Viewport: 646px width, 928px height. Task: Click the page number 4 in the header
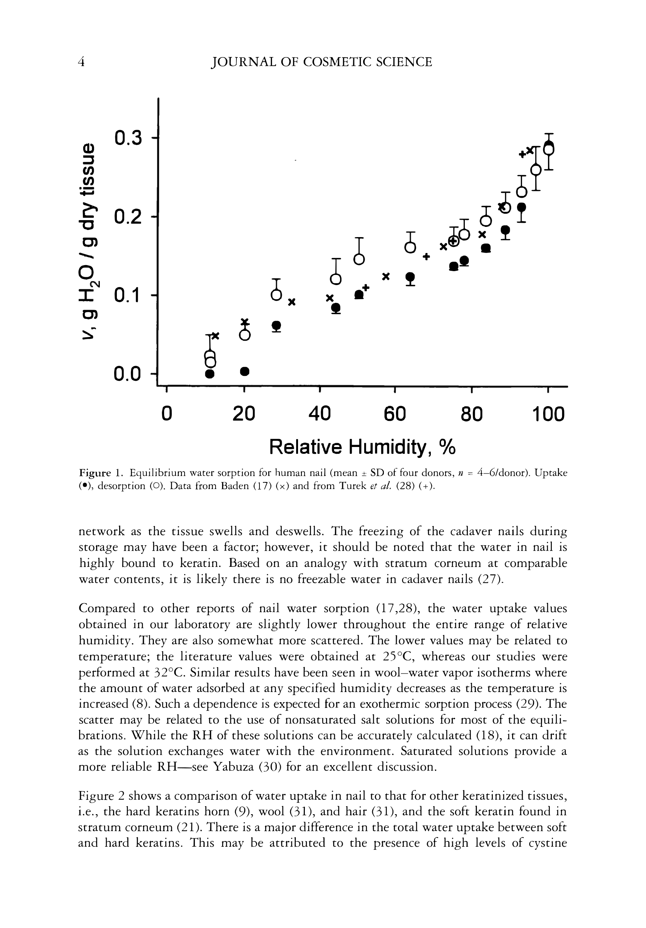coord(82,62)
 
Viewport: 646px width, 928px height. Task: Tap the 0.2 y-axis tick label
coord(128,217)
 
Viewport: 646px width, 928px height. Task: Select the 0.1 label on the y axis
coord(128,296)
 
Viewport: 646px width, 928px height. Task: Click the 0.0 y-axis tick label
coord(128,374)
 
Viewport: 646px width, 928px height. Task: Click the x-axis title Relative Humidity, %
coord(362,447)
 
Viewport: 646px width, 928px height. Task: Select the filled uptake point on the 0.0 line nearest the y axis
coord(210,374)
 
